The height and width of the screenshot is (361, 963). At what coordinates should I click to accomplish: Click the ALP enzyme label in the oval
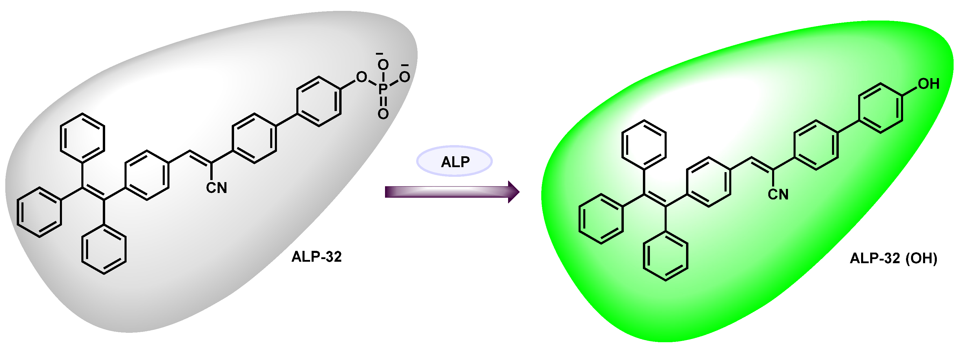(x=455, y=162)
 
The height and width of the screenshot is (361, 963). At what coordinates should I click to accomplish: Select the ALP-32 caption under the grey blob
(x=316, y=257)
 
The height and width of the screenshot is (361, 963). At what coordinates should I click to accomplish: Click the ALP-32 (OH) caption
(x=893, y=258)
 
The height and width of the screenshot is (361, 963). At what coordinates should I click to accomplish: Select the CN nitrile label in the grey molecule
(x=216, y=188)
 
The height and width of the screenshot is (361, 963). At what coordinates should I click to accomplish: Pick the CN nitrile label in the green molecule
(x=778, y=194)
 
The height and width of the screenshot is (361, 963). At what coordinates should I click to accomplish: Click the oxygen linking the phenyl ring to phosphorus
(x=362, y=77)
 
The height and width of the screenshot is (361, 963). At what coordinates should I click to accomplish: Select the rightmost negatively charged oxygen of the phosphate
(x=404, y=77)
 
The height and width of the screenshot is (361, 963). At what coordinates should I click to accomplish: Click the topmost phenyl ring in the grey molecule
(x=83, y=138)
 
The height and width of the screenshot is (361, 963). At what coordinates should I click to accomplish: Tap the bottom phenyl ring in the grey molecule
(x=104, y=249)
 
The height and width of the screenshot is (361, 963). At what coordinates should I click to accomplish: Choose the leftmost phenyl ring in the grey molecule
(x=39, y=212)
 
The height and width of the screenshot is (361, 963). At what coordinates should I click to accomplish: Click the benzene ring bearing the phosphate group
(x=319, y=102)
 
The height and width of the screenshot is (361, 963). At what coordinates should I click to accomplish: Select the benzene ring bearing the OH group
(x=881, y=108)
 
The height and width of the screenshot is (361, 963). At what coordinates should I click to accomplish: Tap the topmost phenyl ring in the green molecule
(x=644, y=145)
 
